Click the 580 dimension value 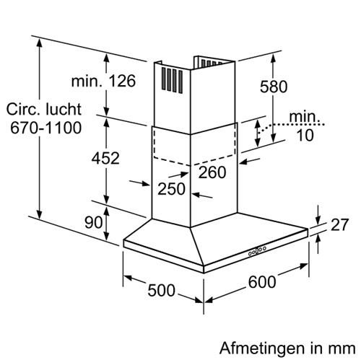[274, 87]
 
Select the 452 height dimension [105, 158]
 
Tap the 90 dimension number [94, 222]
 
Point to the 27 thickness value [339, 224]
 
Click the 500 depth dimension [161, 290]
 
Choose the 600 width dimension [262, 282]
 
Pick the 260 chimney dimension [212, 172]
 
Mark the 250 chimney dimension [171, 189]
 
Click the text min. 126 [103, 81]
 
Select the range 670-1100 [46, 128]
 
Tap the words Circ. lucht [44, 110]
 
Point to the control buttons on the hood [257, 251]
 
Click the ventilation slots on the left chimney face [172, 80]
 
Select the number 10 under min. [305, 135]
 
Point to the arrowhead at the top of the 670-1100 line [40, 44]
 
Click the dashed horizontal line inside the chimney [195, 161]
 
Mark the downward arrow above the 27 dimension [318, 215]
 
